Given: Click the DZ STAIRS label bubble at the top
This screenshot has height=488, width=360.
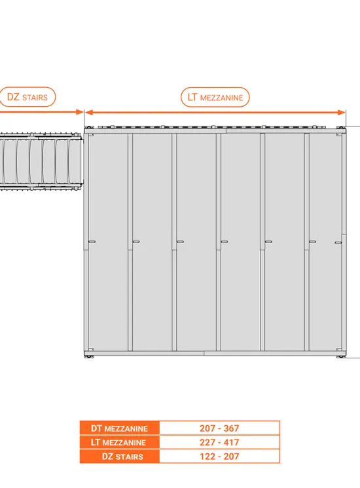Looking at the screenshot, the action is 27,97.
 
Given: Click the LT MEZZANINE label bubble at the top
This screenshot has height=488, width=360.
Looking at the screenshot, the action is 215,97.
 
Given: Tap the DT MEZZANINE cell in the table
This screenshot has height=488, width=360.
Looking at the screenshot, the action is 120,428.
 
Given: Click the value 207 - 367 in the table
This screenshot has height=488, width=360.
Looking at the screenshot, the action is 219,428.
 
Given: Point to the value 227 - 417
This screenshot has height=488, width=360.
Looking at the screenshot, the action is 219,442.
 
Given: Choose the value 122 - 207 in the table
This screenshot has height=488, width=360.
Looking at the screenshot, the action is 219,457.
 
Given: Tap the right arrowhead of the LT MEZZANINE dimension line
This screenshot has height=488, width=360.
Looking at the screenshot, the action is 342,113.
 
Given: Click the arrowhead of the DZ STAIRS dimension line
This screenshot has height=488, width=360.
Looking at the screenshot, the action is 80,112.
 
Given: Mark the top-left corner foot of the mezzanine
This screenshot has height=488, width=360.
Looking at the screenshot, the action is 88,128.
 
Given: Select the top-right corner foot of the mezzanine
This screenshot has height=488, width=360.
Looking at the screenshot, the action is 341,128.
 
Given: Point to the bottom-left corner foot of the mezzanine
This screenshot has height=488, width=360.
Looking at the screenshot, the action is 88,356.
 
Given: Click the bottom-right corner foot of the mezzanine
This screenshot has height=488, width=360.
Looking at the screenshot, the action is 341,356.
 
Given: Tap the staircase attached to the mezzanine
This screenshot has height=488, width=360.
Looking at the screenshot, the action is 41,162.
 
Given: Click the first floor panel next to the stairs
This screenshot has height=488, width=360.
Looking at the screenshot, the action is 108,242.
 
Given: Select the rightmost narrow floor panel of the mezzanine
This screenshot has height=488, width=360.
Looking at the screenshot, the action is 325,242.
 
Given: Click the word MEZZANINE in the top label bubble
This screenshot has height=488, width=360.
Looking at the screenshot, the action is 221,98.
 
